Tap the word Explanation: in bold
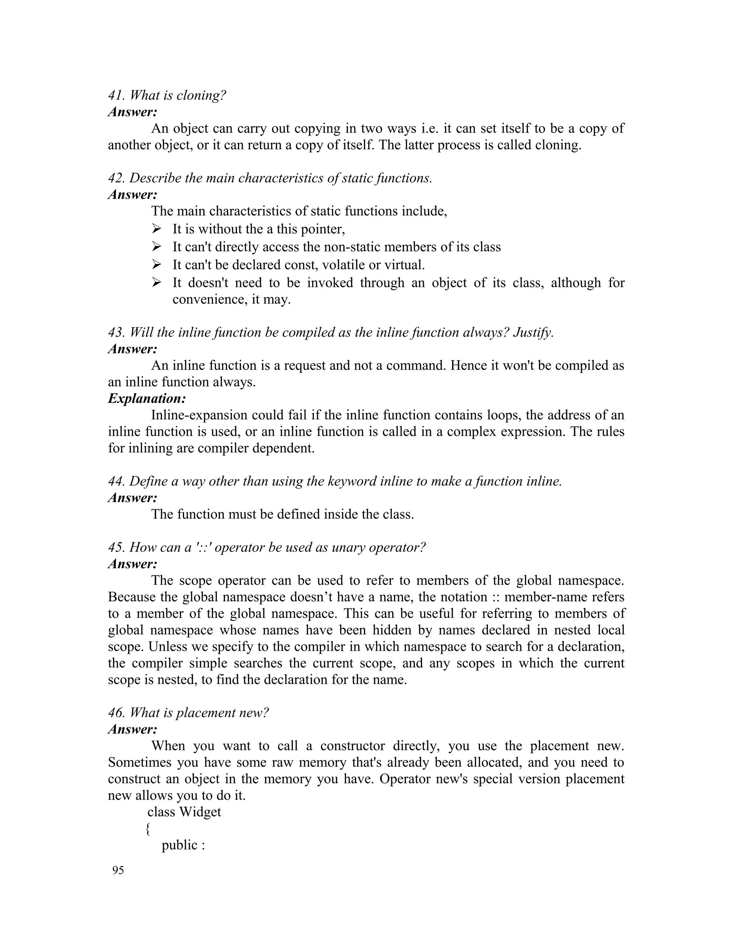147,399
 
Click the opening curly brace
148,829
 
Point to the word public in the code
179,845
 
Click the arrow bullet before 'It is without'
156,229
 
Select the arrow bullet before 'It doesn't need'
156,283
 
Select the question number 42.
116,178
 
